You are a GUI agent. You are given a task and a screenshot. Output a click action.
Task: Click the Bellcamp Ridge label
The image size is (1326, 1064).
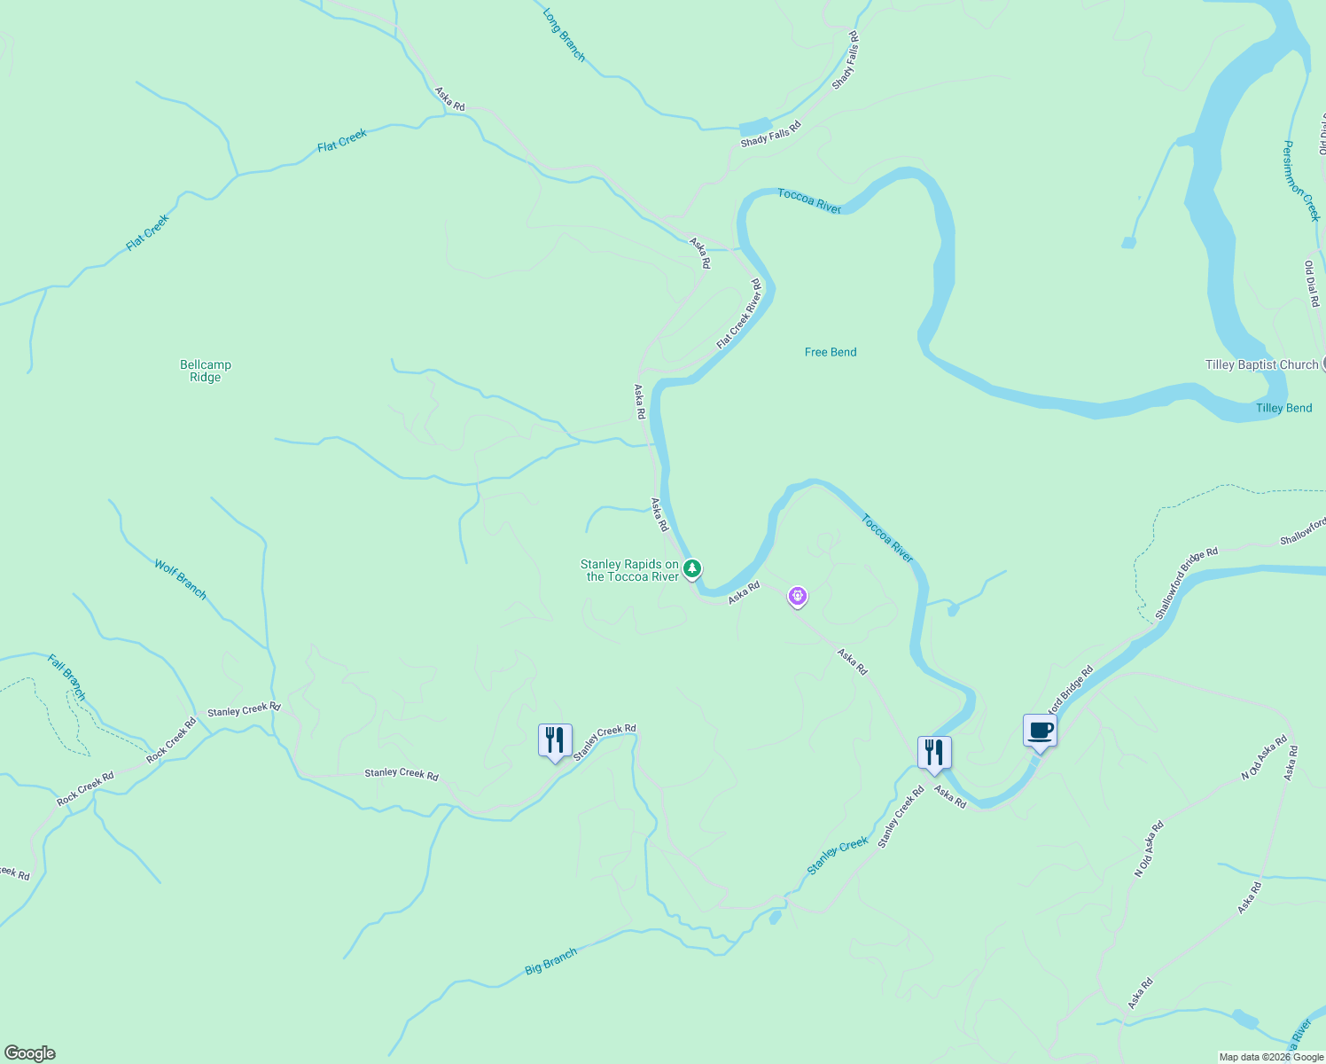206,371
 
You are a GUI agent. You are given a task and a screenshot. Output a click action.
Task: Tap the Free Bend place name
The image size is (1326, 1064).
831,352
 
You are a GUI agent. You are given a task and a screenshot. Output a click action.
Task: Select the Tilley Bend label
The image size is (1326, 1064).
1283,408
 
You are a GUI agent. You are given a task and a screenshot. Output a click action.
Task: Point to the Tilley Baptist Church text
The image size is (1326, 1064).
1261,364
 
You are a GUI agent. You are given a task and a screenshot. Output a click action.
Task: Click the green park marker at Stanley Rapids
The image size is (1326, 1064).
692,567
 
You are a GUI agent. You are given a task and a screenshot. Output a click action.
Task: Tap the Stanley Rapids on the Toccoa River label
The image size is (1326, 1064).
629,570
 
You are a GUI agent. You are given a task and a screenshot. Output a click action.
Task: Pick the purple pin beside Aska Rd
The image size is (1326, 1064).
798,597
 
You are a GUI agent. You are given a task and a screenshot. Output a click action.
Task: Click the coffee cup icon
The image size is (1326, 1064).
1040,731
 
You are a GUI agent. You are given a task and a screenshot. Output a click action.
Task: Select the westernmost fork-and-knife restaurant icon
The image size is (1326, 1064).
555,740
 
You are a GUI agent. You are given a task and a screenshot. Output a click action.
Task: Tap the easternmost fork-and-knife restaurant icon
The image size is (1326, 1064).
933,753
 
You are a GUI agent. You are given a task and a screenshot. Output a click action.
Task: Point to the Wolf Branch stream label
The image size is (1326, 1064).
181,579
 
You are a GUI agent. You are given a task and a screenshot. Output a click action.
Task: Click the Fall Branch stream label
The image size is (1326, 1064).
68,677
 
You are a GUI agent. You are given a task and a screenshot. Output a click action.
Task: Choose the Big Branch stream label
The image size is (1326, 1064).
550,961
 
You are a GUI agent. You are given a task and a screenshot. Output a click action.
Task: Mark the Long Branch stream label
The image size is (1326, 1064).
565,35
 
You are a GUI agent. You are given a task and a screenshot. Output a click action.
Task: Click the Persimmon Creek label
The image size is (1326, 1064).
1301,180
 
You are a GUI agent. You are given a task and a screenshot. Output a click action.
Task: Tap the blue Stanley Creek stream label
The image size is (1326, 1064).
837,857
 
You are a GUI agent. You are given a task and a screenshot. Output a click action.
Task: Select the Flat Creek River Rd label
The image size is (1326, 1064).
739,314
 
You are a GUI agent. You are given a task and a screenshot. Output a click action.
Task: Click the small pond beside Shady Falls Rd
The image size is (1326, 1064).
754,126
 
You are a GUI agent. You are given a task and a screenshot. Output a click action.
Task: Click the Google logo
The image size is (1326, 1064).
30,1053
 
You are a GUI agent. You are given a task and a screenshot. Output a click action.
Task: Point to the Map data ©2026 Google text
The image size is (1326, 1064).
1271,1057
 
